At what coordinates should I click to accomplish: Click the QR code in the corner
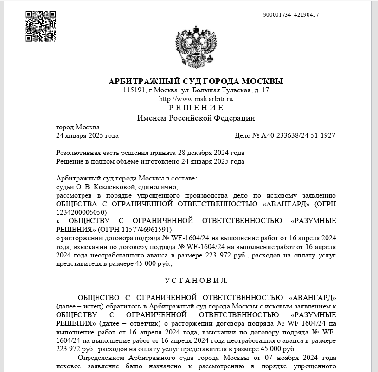coord(40,26)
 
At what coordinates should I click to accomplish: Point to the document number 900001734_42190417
coord(291,15)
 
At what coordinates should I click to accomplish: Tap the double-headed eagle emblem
coord(196,48)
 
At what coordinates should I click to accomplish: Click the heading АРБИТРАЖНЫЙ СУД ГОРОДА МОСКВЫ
coord(196,81)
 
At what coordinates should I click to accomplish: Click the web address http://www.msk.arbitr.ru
coord(196,99)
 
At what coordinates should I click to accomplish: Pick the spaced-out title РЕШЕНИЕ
coord(196,108)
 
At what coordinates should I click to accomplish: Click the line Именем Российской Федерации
coord(196,118)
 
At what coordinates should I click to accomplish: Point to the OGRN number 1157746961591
coord(147,229)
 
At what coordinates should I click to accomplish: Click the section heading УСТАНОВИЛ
coord(196,281)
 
